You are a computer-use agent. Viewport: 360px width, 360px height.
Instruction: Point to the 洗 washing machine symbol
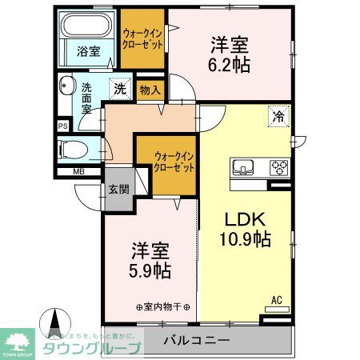point(118,89)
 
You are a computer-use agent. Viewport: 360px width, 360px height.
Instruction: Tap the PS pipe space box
point(62,126)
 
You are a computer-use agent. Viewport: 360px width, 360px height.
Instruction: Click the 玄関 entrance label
point(118,190)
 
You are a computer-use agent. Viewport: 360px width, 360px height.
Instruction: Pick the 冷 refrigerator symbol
point(280,114)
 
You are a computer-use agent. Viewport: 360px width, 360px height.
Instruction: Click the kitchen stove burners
point(278,168)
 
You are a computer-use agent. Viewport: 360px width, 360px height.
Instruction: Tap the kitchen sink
point(243,168)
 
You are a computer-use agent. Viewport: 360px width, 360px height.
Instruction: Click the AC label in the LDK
point(277,300)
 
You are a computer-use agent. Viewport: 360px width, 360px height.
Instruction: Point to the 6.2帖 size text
point(230,64)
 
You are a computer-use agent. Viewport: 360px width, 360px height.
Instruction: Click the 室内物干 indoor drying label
point(163,306)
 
